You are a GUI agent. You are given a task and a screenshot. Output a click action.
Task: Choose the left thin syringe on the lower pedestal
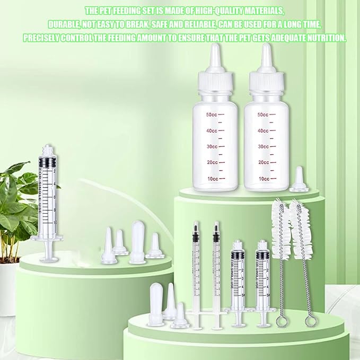196,270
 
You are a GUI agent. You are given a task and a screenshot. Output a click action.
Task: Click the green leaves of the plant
16,201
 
